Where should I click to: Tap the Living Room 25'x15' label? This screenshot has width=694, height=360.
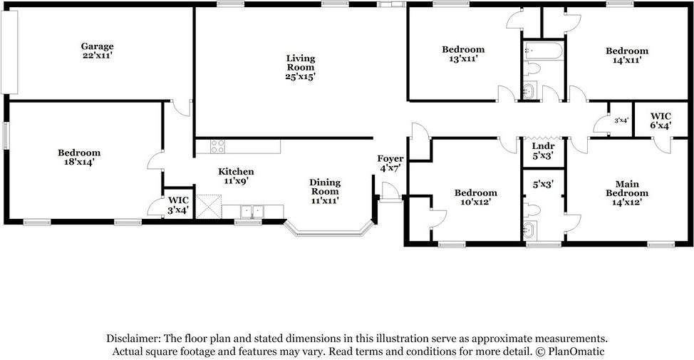pos(300,67)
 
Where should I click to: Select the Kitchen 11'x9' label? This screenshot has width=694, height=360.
pos(236,176)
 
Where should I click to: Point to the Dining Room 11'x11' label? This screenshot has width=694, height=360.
pos(324,191)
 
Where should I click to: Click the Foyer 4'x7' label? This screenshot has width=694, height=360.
pos(390,163)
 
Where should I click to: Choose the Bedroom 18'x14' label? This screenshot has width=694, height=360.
pos(78,157)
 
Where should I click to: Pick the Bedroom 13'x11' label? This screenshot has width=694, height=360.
pos(463,54)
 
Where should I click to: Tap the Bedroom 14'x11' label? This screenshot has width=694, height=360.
pos(627,56)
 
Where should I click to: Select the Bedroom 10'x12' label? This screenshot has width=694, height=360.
pos(475,197)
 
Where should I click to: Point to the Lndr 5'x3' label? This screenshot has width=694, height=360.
pos(543,150)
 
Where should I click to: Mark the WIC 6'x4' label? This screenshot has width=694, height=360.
pos(661,120)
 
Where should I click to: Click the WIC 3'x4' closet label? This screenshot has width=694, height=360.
pos(177,205)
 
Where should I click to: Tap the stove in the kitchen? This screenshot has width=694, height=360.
pos(217,147)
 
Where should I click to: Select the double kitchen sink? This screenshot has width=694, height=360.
pos(252,211)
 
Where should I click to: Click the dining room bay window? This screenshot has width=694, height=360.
pos(329,230)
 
